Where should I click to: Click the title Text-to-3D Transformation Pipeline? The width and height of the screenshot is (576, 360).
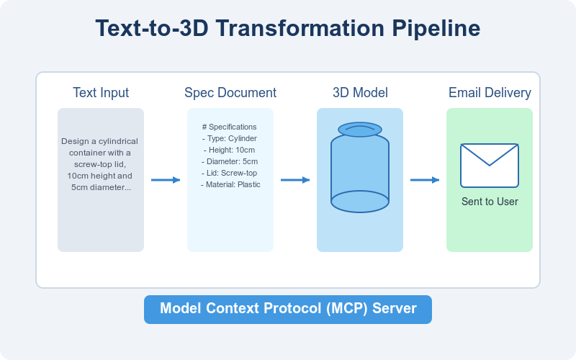coord(288,29)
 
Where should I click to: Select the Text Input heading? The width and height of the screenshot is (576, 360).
coord(101,93)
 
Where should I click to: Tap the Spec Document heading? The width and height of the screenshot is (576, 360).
coord(230,93)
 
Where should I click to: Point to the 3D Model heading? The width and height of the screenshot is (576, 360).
coord(360,93)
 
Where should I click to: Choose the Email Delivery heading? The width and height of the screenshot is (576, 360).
coord(490,93)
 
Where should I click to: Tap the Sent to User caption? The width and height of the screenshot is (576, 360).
coord(490,202)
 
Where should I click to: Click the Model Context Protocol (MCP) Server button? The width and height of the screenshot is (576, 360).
coord(288,309)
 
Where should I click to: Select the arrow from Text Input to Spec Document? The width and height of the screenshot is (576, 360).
coord(166,180)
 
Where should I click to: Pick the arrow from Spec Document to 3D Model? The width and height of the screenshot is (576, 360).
coord(295,180)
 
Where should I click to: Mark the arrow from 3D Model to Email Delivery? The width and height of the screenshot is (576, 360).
coord(425,180)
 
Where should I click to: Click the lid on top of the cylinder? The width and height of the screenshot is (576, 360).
coord(360,130)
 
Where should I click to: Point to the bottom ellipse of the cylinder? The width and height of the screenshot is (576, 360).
coord(360,202)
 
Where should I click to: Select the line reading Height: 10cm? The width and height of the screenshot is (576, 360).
coord(230,150)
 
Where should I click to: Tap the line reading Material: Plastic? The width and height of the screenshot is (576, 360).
coord(230,184)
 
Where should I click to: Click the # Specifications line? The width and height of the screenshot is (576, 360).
coord(230,127)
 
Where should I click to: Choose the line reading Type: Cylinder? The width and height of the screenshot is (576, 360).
coord(230,138)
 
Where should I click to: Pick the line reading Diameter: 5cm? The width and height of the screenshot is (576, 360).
coord(230,161)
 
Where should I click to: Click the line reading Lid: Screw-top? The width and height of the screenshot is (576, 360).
coord(230,173)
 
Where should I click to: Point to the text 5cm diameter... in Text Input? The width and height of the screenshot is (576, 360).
coord(101,187)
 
